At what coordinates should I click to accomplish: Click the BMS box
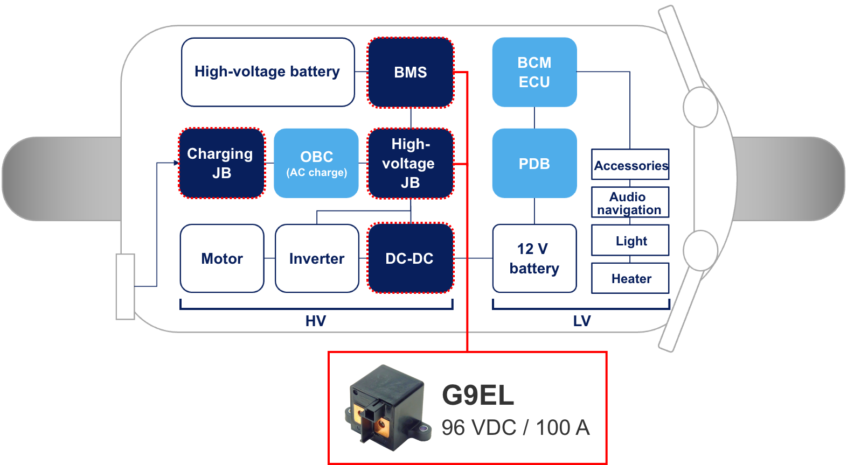coord(411,73)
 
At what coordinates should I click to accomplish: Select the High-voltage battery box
coord(268,72)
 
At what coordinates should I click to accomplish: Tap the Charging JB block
coord(221,163)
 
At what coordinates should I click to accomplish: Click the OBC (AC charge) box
coord(316,163)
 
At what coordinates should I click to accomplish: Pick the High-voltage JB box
coord(411,163)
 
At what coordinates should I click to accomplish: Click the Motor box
coord(222,258)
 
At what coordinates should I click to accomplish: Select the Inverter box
coord(317,258)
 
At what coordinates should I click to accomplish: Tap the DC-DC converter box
coord(411,258)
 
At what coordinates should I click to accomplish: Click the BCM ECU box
coord(534,72)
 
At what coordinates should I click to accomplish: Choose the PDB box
coord(534,163)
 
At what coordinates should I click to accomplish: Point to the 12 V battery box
coord(534,258)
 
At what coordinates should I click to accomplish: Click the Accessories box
coord(630,165)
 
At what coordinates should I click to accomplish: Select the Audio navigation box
coord(630,202)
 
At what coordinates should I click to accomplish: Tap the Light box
coord(630,241)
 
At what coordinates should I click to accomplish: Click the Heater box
coord(630,278)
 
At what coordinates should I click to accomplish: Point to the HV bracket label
coord(316,321)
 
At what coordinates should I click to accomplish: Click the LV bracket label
coord(582,321)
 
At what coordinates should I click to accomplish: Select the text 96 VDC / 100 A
coord(516,428)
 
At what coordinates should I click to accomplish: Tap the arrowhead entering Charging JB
coord(176,163)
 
